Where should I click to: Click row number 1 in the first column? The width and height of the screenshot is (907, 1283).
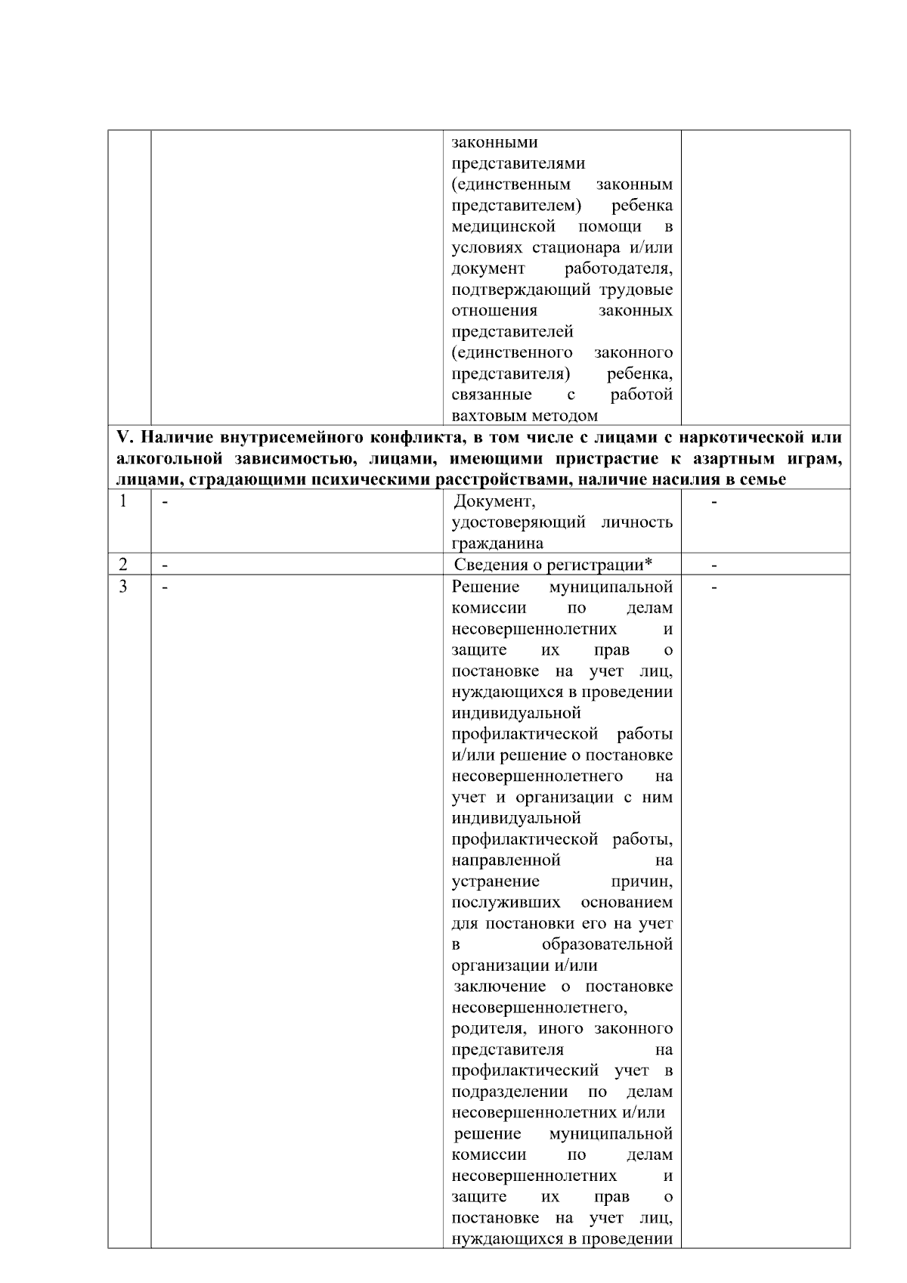point(123,501)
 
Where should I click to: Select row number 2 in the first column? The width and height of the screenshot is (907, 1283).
point(123,564)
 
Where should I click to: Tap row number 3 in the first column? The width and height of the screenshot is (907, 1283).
point(123,586)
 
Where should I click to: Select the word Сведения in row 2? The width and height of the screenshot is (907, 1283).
point(486,565)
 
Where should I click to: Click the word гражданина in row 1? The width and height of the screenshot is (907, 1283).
point(497,544)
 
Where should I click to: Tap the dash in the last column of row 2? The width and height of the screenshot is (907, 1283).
point(714,565)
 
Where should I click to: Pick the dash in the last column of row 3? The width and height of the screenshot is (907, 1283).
point(714,587)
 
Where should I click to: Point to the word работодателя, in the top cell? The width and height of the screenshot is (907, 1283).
point(618,268)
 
